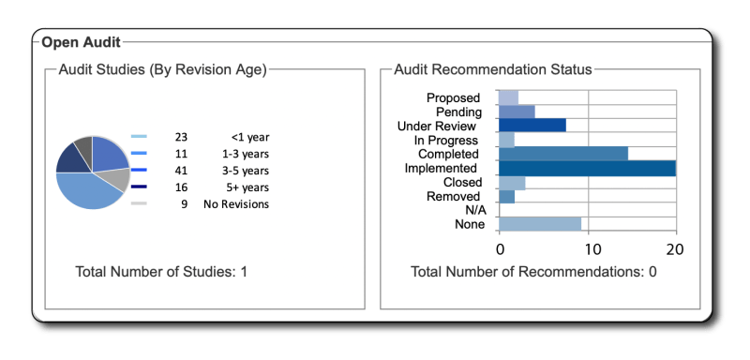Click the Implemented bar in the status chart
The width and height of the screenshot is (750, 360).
point(587,168)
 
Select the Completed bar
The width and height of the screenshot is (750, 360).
point(562,154)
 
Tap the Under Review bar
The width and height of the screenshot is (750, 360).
point(532,126)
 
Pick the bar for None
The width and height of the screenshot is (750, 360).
point(540,224)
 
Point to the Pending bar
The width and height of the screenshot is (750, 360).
point(517,112)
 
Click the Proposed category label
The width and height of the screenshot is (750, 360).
point(453,97)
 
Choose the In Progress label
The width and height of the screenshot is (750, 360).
point(447,140)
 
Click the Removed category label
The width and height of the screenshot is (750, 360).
point(454,196)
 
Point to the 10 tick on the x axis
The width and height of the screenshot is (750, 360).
point(588,249)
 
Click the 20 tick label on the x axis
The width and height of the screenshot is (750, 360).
point(674,249)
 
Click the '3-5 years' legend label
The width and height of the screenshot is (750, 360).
point(245,170)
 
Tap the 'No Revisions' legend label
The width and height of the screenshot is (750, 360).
point(236,203)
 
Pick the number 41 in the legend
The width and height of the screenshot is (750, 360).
point(181,170)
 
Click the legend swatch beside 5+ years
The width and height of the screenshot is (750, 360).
point(138,187)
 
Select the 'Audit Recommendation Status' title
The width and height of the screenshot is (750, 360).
point(492,69)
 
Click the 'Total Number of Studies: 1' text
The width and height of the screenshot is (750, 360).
point(161,272)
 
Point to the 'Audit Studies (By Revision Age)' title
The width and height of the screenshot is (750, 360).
point(162,69)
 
